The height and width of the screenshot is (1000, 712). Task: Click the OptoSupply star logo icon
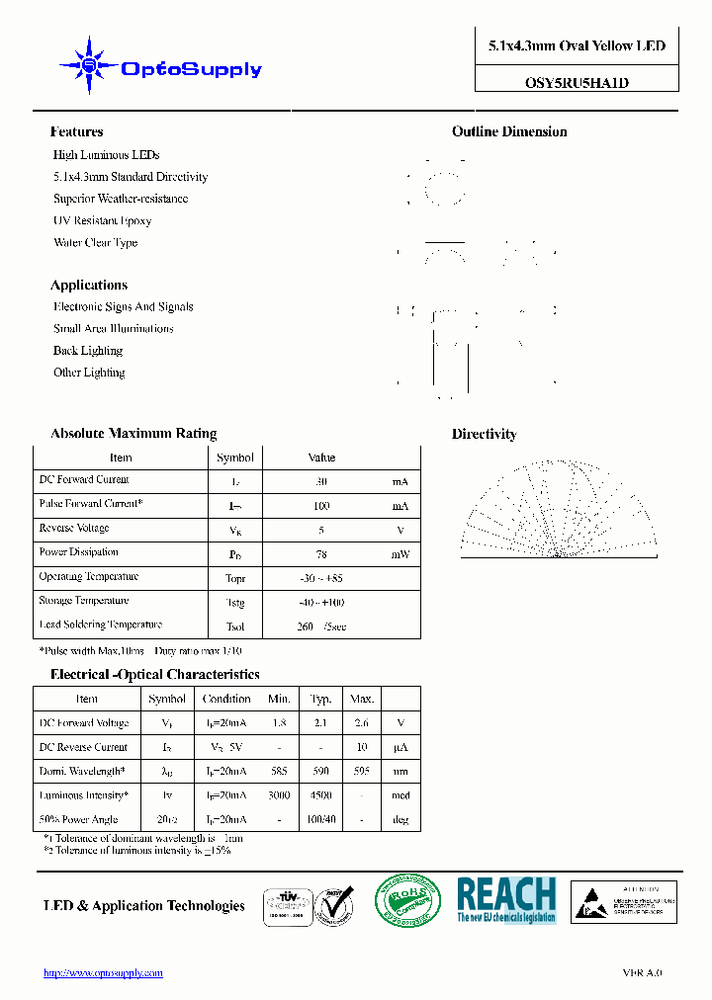point(89,66)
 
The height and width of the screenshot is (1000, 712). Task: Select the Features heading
point(76,132)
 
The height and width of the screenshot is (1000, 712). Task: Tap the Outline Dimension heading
point(509,132)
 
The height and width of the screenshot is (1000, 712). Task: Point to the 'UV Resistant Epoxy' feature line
point(102,221)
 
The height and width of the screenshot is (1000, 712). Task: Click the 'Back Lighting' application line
point(88,351)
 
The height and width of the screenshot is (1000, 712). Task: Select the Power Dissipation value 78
point(321,554)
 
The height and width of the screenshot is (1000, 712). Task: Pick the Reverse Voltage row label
point(74,529)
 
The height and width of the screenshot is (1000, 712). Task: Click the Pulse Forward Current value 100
point(321,506)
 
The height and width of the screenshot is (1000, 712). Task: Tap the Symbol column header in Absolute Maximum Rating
point(235,458)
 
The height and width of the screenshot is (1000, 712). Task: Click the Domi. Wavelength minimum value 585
point(279,771)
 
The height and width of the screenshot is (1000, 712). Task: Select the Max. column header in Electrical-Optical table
point(362,699)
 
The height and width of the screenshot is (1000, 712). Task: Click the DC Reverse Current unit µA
point(400,747)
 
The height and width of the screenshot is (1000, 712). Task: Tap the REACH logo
point(505,900)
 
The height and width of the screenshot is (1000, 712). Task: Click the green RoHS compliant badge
point(407,900)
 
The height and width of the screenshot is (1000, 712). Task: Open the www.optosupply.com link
point(103,973)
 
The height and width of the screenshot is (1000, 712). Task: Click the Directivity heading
point(484,435)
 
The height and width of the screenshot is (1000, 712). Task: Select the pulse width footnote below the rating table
point(140,652)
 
